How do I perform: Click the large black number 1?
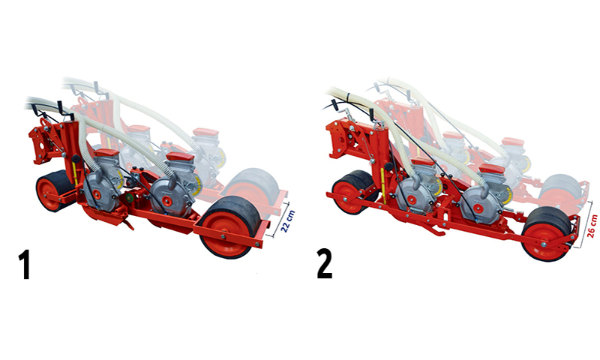pos(25,264)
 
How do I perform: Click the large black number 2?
pos(325,264)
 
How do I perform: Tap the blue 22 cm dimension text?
pos(288,220)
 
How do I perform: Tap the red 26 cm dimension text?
pos(592,226)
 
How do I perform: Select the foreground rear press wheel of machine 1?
pos(229,227)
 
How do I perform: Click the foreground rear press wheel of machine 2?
pos(547,234)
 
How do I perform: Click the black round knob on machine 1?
pos(76,158)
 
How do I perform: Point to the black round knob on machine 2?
pos(389,166)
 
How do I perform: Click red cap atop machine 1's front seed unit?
pos(106,153)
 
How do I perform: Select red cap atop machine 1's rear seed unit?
pos(180,156)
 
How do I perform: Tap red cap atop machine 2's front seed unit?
pos(423,161)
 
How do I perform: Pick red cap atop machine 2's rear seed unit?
pos(492,168)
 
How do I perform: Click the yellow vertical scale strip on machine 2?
pos(383,186)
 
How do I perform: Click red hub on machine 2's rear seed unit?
pos(478,208)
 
